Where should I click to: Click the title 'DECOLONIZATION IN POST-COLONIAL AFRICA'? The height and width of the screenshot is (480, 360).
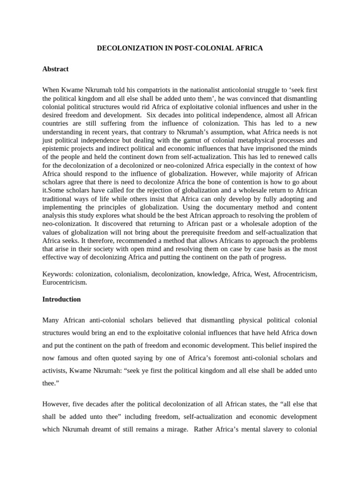pos(180,48)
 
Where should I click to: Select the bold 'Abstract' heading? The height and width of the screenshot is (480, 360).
pos(55,69)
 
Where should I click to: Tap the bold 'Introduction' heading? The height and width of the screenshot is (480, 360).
pos(61,299)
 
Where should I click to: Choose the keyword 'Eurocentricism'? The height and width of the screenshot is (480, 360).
pos(64,283)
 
